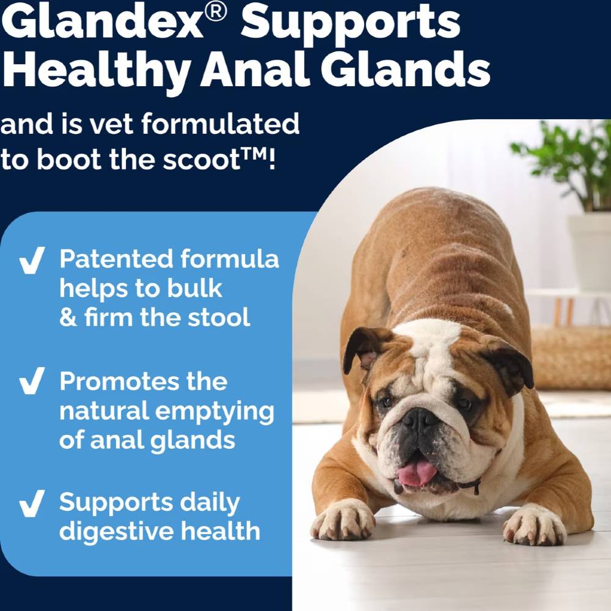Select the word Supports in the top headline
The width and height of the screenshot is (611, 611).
(x=351, y=23)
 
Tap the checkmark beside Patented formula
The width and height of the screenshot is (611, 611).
(x=31, y=262)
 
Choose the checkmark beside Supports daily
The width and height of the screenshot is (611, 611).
(x=31, y=503)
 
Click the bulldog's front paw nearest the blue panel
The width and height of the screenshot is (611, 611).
(x=343, y=519)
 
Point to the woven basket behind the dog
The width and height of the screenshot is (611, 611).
(x=571, y=357)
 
